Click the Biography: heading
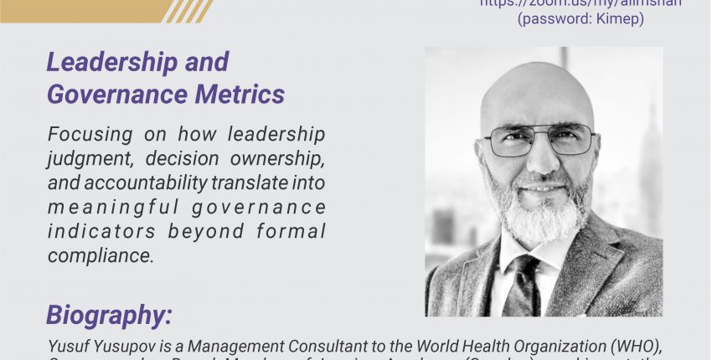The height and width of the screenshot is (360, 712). [x=109, y=315]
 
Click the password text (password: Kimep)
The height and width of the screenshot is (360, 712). [x=580, y=18]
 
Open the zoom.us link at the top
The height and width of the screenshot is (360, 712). [x=580, y=3]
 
